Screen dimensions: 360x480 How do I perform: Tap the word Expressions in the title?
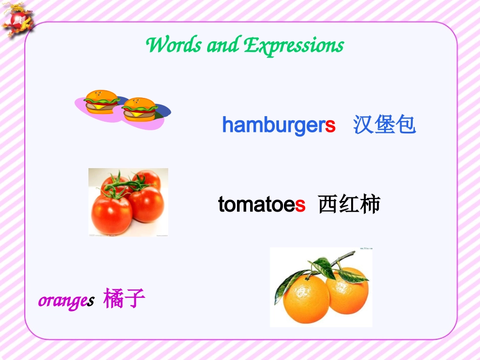tap(294, 46)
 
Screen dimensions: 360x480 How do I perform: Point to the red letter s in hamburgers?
tap(330, 125)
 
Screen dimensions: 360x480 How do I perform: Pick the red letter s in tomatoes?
tap(300, 205)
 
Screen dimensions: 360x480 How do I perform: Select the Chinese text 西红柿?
tap(349, 205)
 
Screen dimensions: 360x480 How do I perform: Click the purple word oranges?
tap(66, 300)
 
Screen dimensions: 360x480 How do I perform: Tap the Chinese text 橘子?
tap(124, 299)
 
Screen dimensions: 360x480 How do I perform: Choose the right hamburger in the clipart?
tap(139, 109)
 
